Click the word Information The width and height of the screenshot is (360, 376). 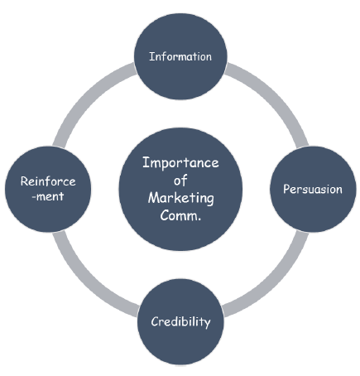click(180, 57)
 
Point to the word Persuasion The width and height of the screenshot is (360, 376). click(314, 188)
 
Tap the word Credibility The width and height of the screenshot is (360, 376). click(180, 321)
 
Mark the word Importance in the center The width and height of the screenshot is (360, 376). click(180, 162)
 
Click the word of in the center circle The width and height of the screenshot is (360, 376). click(180, 180)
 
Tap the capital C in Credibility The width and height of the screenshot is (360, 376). click(155, 321)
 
